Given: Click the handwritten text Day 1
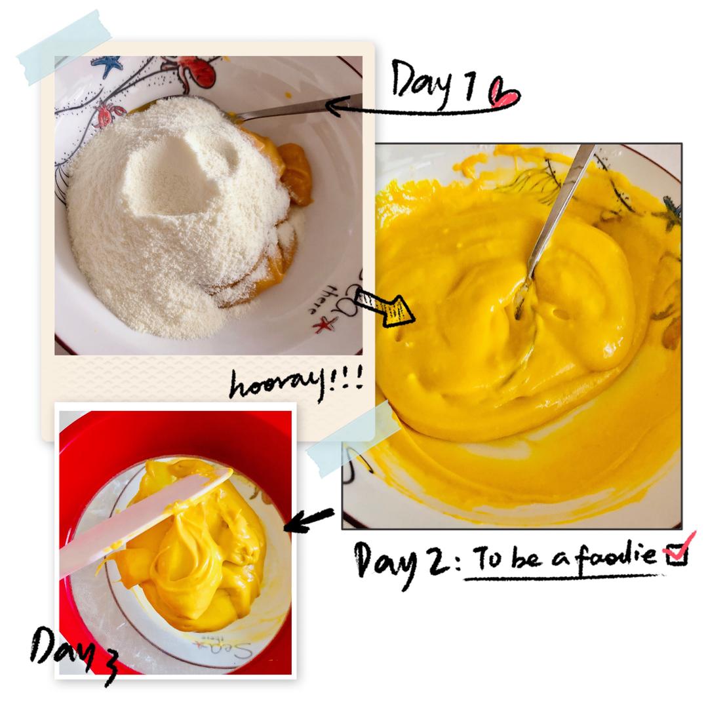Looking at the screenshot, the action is tap(433, 81).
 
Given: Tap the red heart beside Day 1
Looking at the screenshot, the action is tap(505, 93).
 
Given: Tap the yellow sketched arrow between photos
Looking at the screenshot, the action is tap(385, 307).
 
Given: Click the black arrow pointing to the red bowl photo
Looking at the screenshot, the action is tap(309, 520).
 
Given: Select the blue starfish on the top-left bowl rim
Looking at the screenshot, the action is tap(107, 66).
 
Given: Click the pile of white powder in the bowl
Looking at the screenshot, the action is tap(177, 212).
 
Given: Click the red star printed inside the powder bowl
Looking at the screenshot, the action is tap(326, 324).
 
